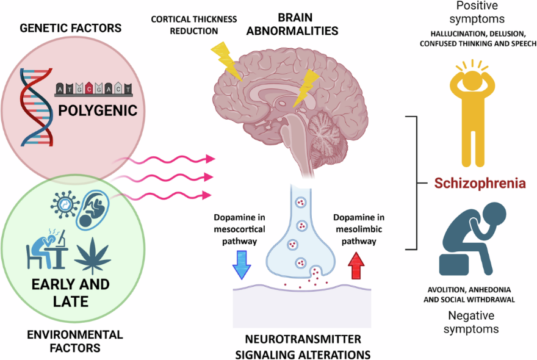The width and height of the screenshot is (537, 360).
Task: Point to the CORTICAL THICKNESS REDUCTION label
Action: pos(194,24)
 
